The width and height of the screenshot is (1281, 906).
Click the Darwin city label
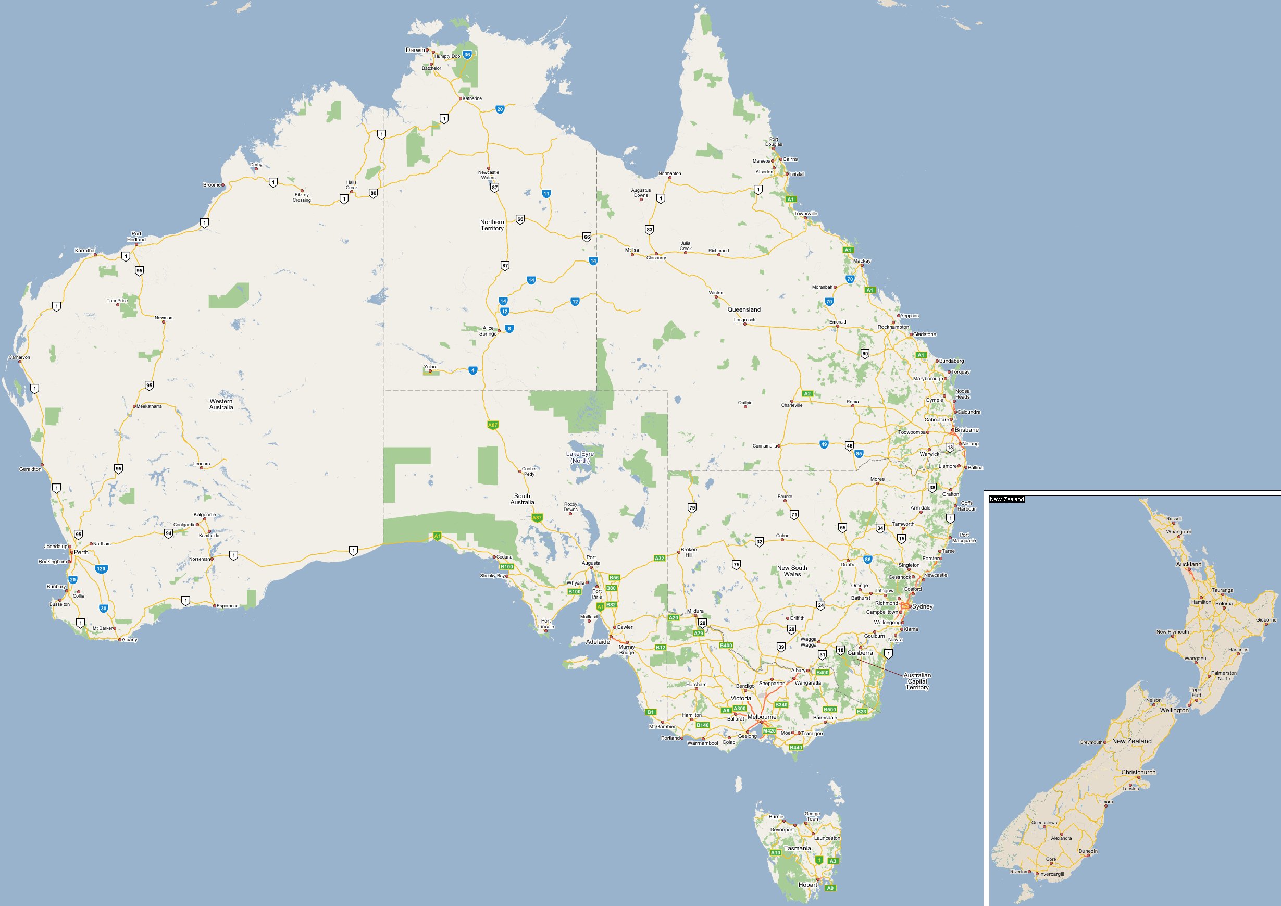pyautogui.click(x=415, y=50)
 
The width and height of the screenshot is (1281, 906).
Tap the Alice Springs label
pyautogui.click(x=488, y=331)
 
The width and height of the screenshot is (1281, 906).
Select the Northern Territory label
pyautogui.click(x=492, y=225)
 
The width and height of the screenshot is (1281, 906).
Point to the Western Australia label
pyautogui.click(x=221, y=404)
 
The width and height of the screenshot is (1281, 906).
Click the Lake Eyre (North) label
pyautogui.click(x=580, y=457)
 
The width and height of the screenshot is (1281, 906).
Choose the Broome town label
pyautogui.click(x=212, y=184)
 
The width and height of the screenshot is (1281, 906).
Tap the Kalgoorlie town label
pyautogui.click(x=205, y=514)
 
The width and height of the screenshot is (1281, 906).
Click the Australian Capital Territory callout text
pyautogui.click(x=917, y=681)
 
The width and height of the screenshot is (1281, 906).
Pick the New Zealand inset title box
pyautogui.click(x=1006, y=499)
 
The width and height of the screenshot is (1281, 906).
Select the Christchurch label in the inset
pyautogui.click(x=1138, y=772)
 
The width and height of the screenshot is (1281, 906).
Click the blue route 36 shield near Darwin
pyautogui.click(x=467, y=55)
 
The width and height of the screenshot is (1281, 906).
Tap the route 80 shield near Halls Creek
pyautogui.click(x=373, y=193)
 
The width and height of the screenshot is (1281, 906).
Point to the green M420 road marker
pyautogui.click(x=769, y=731)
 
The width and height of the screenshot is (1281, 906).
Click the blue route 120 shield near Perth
pyautogui.click(x=101, y=569)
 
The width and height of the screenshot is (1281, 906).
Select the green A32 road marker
pyautogui.click(x=660, y=558)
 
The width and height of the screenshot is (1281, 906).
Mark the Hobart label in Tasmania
pyautogui.click(x=807, y=884)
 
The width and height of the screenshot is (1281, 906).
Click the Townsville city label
pyautogui.click(x=806, y=214)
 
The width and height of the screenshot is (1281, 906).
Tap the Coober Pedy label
pyautogui.click(x=529, y=471)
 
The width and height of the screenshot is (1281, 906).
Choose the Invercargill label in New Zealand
pyautogui.click(x=1051, y=874)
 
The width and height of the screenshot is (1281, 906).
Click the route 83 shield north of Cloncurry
pyautogui.click(x=649, y=229)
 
